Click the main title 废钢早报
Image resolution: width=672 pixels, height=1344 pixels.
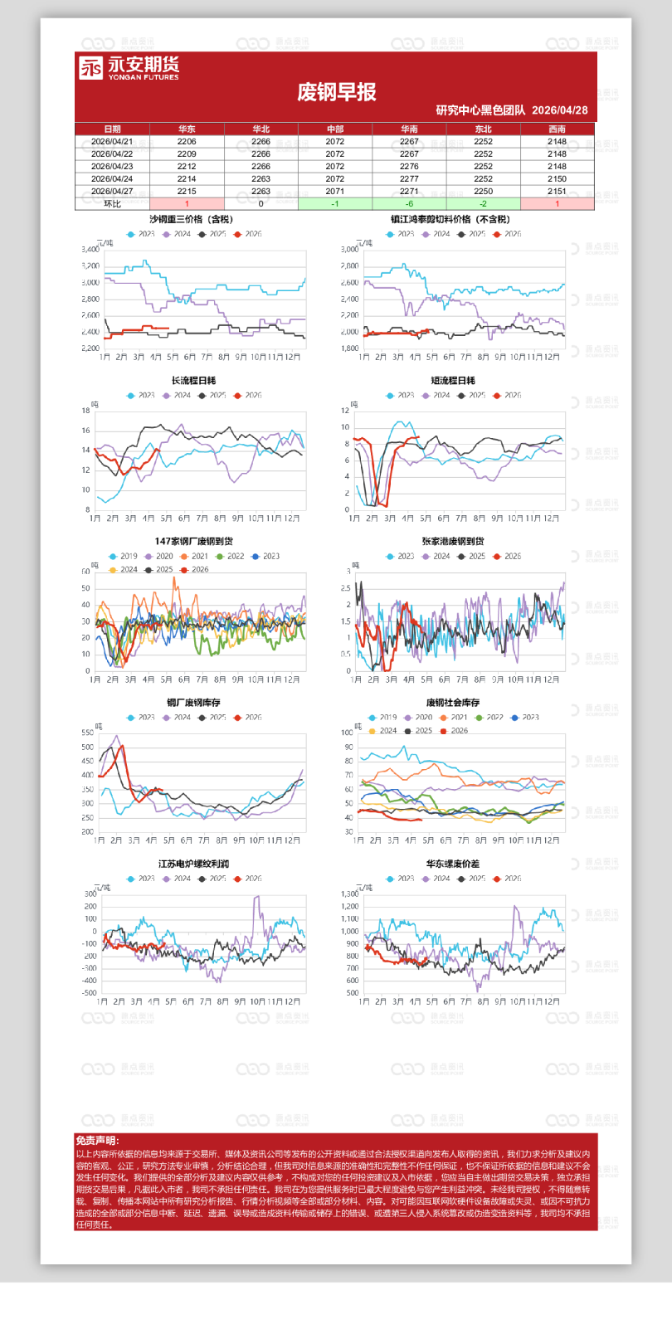pyautogui.click(x=336, y=92)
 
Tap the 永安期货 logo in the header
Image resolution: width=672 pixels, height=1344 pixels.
pyautogui.click(x=129, y=67)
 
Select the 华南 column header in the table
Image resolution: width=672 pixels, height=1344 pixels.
pyautogui.click(x=409, y=129)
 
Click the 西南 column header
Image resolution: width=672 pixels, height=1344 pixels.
pyautogui.click(x=557, y=129)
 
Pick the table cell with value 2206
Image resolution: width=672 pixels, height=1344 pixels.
pyautogui.click(x=187, y=142)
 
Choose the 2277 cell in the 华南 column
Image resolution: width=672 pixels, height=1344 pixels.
pyautogui.click(x=409, y=179)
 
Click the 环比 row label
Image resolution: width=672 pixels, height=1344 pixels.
pyautogui.click(x=112, y=204)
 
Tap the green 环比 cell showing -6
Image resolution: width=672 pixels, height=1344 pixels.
pyautogui.click(x=409, y=204)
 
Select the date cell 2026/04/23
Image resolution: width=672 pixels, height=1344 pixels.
pyautogui.click(x=112, y=167)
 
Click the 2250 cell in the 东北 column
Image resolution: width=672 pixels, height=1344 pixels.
pyautogui.click(x=483, y=192)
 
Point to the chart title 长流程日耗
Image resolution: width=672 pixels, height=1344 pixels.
pyautogui.click(x=193, y=381)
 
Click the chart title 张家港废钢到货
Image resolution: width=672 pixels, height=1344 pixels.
pyautogui.click(x=452, y=542)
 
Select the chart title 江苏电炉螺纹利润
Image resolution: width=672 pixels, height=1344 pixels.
pyautogui.click(x=193, y=864)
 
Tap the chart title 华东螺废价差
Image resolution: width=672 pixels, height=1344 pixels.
pyautogui.click(x=452, y=864)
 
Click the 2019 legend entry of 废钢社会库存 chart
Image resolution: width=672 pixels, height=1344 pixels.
pyautogui.click(x=382, y=718)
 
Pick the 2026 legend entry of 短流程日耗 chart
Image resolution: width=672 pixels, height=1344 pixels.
pyautogui.click(x=508, y=396)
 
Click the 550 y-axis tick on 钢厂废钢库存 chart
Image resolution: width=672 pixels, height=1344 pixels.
pyautogui.click(x=88, y=733)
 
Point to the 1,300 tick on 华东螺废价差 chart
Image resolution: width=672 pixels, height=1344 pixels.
pyautogui.click(x=350, y=894)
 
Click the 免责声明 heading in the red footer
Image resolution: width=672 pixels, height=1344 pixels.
pyautogui.click(x=97, y=1141)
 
